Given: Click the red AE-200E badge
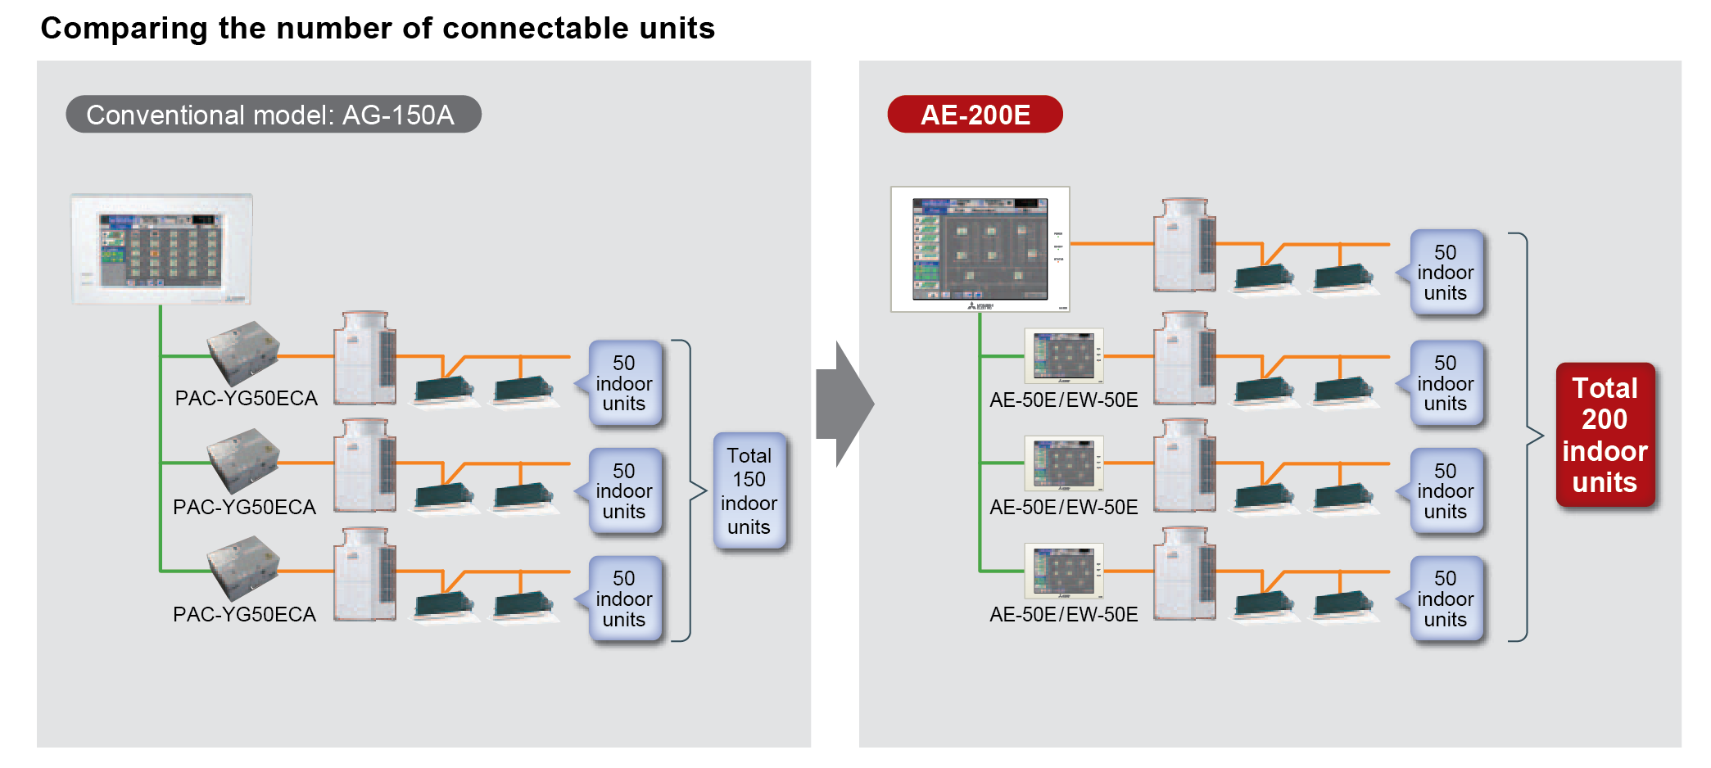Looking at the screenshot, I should coord(975,115).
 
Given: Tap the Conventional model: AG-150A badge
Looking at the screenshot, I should coord(273,115).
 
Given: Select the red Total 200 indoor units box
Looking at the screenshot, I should coord(1605,436).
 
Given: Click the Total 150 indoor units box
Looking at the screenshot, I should coord(749,491).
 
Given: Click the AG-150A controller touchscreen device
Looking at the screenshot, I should coord(161,249).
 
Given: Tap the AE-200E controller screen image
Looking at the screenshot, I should coord(980,249).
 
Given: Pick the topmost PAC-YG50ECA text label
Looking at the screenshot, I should coord(246,399).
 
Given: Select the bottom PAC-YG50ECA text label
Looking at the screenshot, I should coord(244,615).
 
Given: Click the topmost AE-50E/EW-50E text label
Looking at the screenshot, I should coord(1063,400).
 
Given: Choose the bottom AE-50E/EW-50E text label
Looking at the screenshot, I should coord(1063,615).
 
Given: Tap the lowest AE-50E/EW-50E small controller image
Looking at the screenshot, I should coord(1064,571).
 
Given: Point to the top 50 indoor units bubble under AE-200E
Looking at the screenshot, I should coord(1446,273).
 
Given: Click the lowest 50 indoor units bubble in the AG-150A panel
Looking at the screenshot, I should coord(624,599).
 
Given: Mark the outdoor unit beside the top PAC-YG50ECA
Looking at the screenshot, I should coord(365,357).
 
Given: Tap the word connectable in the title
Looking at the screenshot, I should coord(536,29).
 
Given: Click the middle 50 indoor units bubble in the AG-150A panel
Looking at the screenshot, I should coord(624,491).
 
